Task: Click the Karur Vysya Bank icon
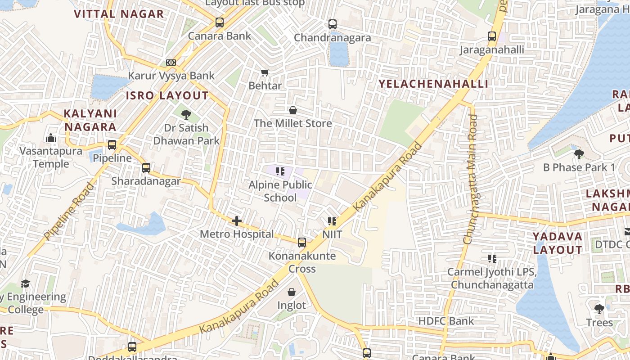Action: tap(171, 63)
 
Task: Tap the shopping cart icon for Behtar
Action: tap(265, 72)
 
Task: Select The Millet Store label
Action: tap(292, 123)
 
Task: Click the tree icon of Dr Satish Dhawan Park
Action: tap(186, 114)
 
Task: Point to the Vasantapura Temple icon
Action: tap(51, 137)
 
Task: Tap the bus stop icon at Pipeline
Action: tap(112, 145)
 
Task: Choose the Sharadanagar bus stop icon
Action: tap(146, 168)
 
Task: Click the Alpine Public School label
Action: tap(280, 191)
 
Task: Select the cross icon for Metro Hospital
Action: tap(237, 220)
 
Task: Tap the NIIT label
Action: tap(332, 234)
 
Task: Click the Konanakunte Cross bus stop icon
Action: tap(302, 243)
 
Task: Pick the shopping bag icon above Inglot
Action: tap(292, 292)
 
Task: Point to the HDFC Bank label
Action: tap(446, 321)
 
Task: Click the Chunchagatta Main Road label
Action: tap(471, 179)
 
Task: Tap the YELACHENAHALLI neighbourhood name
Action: tap(433, 84)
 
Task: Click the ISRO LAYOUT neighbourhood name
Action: tap(167, 95)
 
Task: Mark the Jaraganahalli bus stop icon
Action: tap(492, 36)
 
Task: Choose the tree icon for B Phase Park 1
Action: tap(579, 154)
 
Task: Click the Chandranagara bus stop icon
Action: tap(333, 24)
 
